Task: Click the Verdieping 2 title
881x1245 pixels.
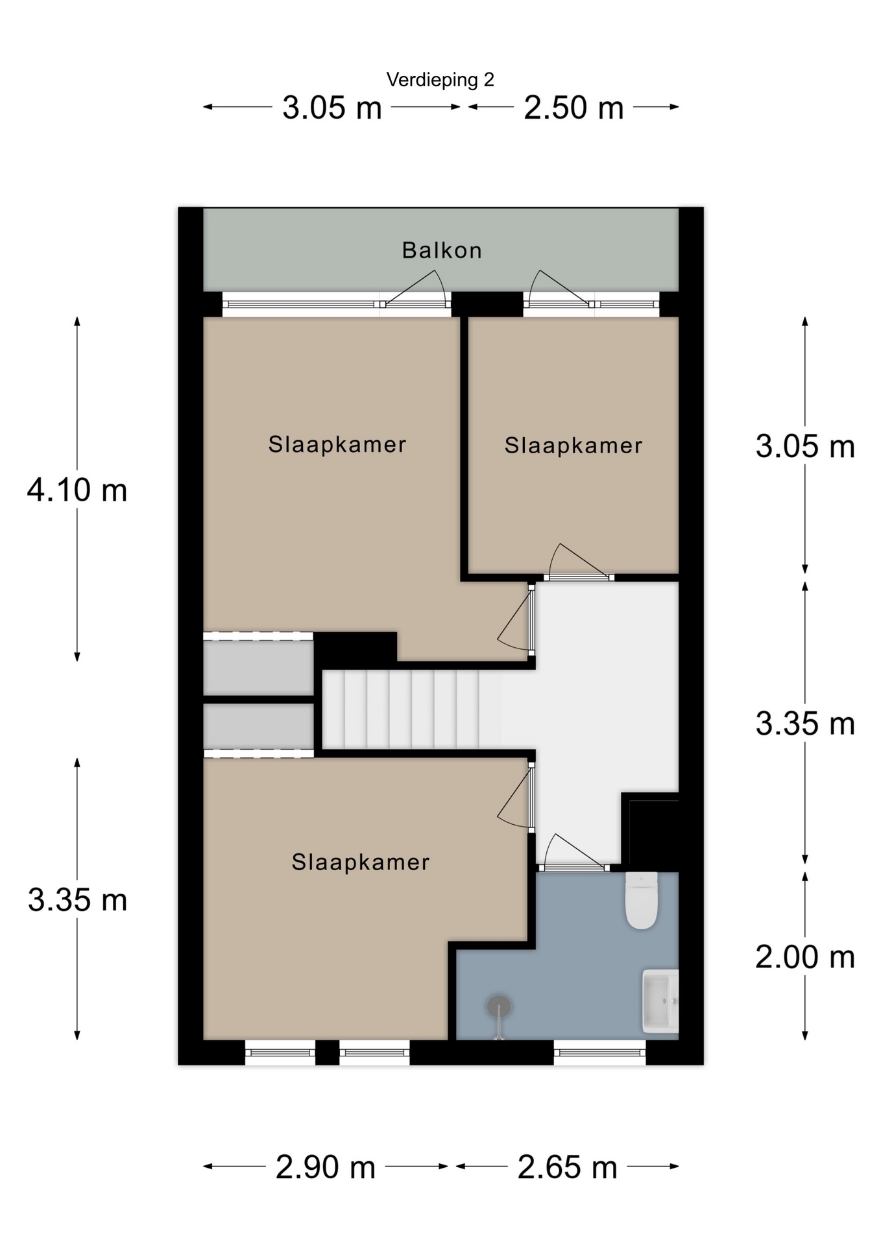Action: click(440, 80)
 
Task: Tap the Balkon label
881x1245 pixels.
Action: click(442, 250)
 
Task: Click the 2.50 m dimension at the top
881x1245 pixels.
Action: click(573, 107)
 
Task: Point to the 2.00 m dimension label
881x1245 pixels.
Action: click(805, 957)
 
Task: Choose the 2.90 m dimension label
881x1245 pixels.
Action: click(326, 1167)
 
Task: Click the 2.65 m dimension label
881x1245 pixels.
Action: click(567, 1167)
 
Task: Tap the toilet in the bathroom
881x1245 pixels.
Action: click(641, 900)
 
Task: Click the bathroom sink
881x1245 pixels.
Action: click(660, 1001)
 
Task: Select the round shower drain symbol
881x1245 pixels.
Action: click(499, 1006)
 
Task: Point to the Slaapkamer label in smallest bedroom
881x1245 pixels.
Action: click(573, 445)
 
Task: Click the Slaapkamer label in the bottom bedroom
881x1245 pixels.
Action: click(361, 862)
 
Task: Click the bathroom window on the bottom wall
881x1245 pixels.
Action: click(600, 1052)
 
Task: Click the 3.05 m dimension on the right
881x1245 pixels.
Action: click(805, 447)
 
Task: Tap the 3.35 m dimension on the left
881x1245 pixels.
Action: click(77, 900)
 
